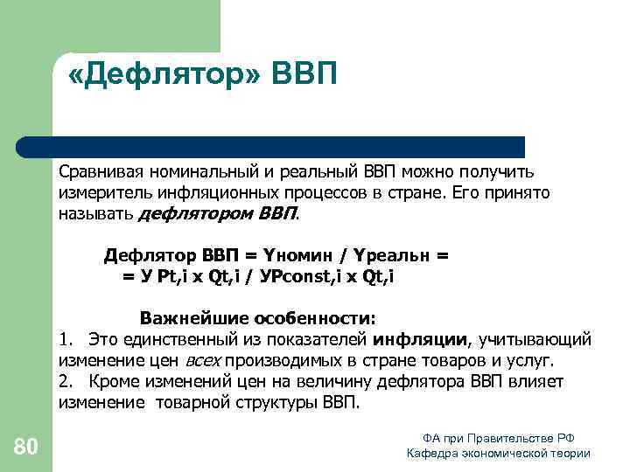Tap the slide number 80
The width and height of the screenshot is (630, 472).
pos(26,448)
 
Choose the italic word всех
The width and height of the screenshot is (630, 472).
pos(202,360)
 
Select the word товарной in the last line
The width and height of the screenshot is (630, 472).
pos(192,404)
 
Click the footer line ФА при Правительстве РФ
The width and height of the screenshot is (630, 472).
pos(498,437)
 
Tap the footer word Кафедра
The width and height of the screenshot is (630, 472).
pos(436,453)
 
